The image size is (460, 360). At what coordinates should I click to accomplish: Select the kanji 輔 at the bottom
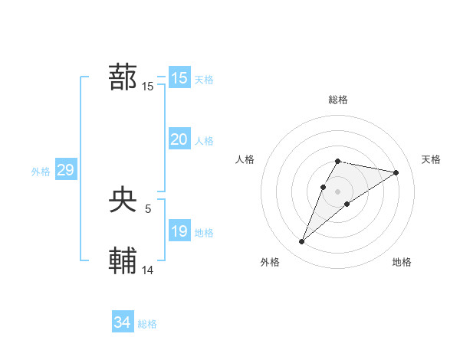[x=123, y=260]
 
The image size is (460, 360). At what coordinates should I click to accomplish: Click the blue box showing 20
[x=179, y=139]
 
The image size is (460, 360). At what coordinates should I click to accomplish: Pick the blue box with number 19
[x=179, y=231]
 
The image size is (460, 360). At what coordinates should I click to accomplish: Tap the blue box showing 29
[x=65, y=170]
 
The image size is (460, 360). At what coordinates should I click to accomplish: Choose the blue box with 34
[x=122, y=322]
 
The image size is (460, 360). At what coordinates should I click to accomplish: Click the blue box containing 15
[x=179, y=78]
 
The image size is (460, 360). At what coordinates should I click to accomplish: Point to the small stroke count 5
[x=147, y=208]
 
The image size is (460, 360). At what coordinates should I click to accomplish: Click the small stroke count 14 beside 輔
[x=148, y=269]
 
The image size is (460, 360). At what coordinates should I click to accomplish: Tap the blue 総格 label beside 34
[x=147, y=324]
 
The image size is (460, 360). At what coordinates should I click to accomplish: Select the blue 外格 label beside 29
[x=41, y=172]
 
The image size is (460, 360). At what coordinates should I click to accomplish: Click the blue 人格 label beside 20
[x=204, y=141]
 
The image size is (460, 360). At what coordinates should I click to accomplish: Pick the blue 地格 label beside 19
[x=204, y=233]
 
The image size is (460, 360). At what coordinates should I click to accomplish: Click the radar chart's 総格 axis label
[x=338, y=100]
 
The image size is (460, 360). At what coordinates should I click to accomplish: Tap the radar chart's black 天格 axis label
[x=432, y=159]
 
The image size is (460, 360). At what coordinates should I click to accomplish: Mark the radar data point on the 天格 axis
[x=396, y=172]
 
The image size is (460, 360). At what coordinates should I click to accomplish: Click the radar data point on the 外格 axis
[x=302, y=242]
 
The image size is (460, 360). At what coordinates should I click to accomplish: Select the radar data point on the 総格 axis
[x=337, y=161]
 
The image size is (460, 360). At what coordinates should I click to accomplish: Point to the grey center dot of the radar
[x=337, y=191]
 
